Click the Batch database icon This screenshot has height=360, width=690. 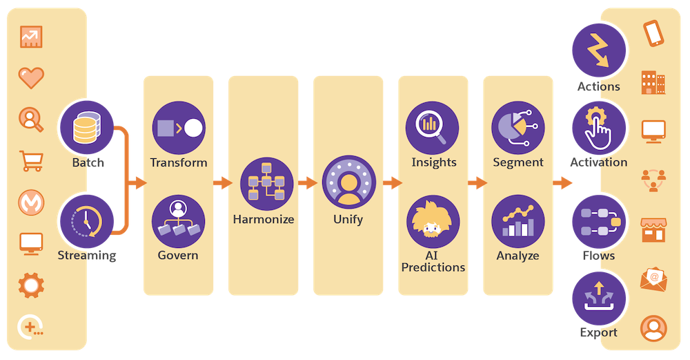pyautogui.click(x=87, y=127)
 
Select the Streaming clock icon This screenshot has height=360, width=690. pyautogui.click(x=87, y=222)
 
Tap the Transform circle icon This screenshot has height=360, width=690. pyautogui.click(x=179, y=128)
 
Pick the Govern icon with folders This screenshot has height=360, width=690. pyautogui.click(x=178, y=222)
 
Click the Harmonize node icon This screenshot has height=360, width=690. pyautogui.click(x=266, y=184)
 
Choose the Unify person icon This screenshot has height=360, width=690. pyautogui.click(x=349, y=182)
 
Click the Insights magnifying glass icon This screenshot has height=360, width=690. pyautogui.click(x=432, y=128)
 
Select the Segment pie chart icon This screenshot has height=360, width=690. pyautogui.click(x=518, y=128)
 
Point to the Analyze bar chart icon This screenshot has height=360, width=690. pyautogui.click(x=518, y=222)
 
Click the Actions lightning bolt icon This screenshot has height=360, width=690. pyautogui.click(x=599, y=50)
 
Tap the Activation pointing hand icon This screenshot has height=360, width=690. pyautogui.click(x=599, y=128)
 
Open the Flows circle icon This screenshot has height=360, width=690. pyautogui.click(x=599, y=222)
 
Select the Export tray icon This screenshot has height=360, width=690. pyautogui.click(x=599, y=299)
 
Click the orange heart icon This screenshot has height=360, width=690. pyautogui.click(x=31, y=78)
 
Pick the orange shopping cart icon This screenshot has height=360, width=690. pyautogui.click(x=31, y=161)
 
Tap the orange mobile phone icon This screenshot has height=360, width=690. pyautogui.click(x=653, y=33)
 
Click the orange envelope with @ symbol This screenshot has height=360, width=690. pyautogui.click(x=653, y=278)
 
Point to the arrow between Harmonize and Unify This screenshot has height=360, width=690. pyautogui.click(x=308, y=182)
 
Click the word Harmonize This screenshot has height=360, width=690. pyautogui.click(x=264, y=219)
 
